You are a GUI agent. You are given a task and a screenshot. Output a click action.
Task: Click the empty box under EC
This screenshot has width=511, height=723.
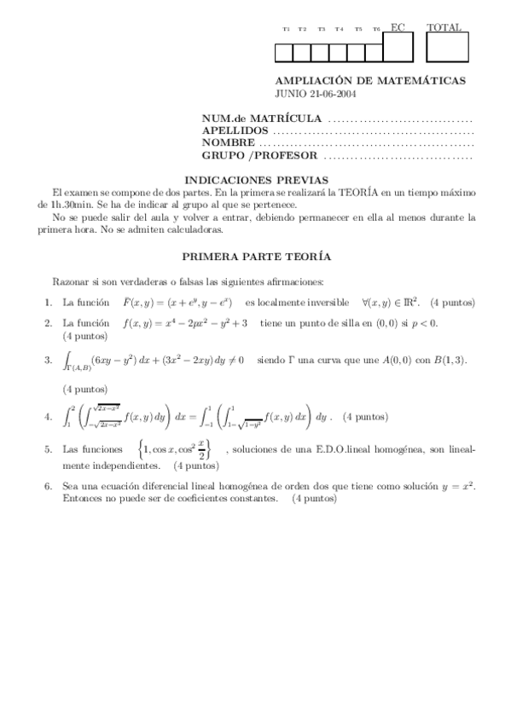(398, 48)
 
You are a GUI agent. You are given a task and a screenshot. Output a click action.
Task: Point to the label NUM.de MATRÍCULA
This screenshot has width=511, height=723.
(261, 118)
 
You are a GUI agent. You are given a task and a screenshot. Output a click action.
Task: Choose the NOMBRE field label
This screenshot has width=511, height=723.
(228, 143)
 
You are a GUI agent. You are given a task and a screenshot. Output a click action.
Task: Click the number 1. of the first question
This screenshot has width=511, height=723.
(48, 303)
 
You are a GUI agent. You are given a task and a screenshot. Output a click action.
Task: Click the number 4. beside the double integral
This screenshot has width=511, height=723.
(48, 417)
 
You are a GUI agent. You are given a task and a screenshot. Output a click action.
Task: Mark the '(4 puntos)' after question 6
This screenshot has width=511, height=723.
(314, 498)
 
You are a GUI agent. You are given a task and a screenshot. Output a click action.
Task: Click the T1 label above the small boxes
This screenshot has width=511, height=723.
(286, 30)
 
